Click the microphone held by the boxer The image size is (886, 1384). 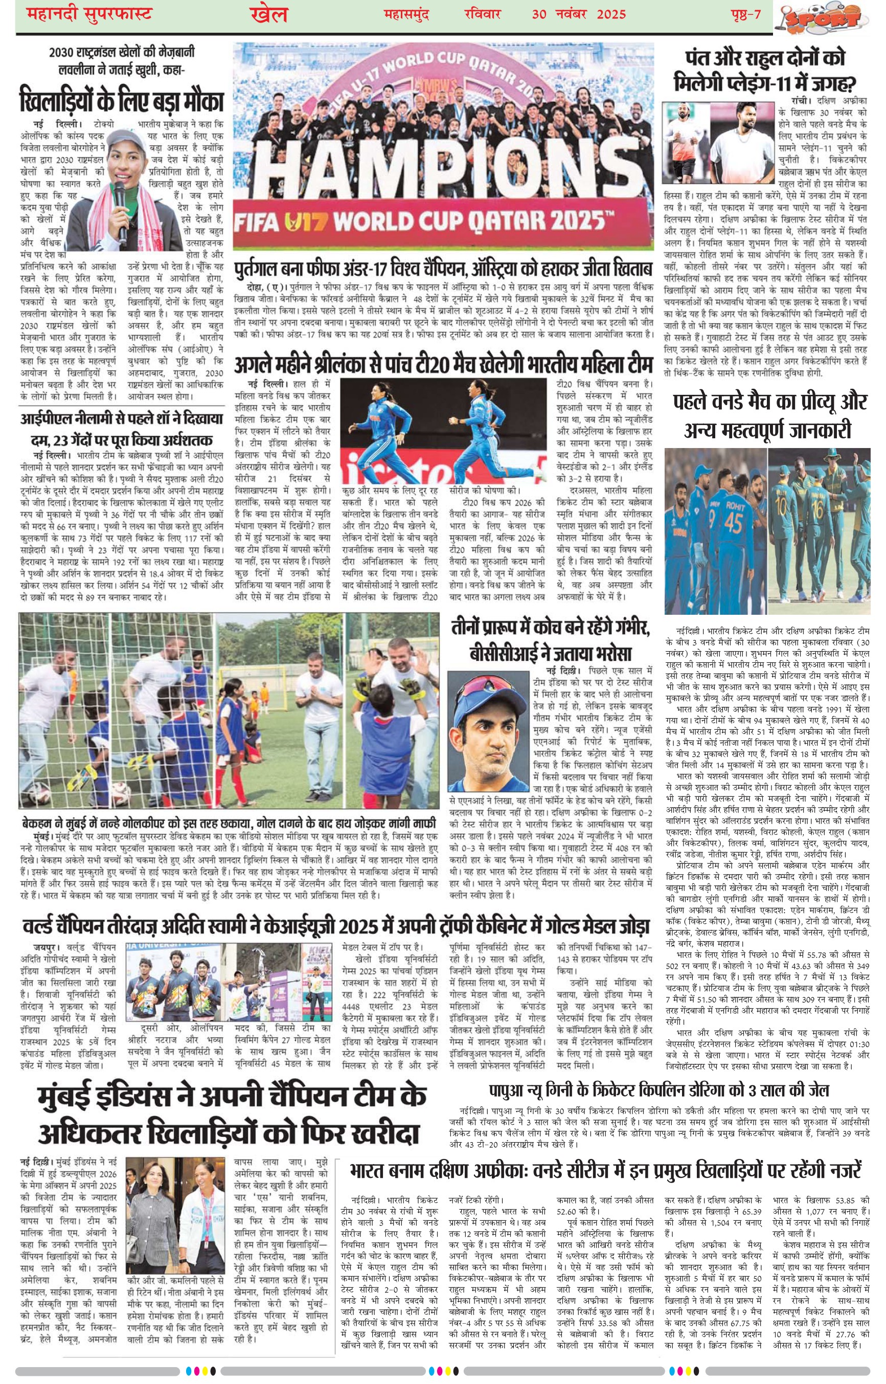click(x=119, y=207)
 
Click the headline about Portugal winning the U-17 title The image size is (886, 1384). click(x=443, y=270)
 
